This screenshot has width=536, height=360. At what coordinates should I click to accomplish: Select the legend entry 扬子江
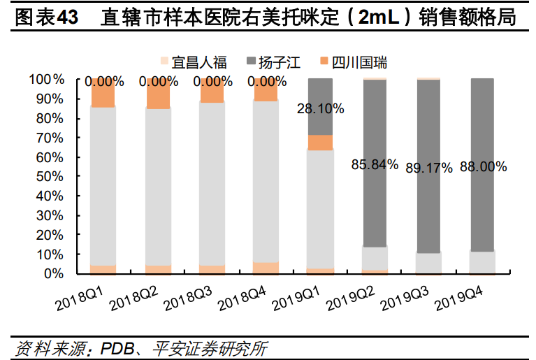[x=275, y=64]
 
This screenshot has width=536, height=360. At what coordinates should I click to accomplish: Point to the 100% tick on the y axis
[x=47, y=79]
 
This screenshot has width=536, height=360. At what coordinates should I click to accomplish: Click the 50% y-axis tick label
[x=50, y=177]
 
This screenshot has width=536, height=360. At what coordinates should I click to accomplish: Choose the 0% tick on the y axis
[x=53, y=274]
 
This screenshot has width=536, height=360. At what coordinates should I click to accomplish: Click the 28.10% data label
[x=321, y=108]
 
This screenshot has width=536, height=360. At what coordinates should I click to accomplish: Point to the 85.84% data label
[x=375, y=166]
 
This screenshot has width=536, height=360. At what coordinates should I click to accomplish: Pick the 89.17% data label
[x=429, y=167]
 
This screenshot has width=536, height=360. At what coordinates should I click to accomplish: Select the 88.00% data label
[x=484, y=167]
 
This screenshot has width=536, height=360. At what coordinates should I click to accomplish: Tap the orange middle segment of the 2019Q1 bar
[x=320, y=142]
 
